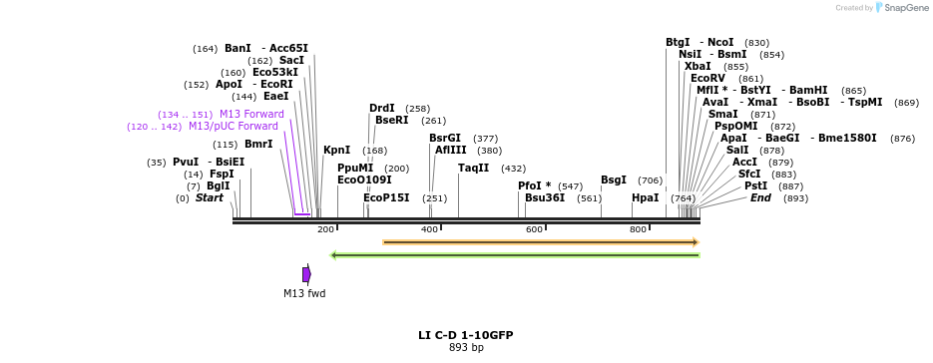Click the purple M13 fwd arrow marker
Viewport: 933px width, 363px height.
306,274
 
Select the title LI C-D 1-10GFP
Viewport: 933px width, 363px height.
465,335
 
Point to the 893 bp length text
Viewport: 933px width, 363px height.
465,348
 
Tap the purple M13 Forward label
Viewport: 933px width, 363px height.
251,115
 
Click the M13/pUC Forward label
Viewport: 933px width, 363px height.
233,127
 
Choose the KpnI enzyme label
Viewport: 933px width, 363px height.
336,151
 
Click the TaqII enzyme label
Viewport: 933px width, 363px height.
473,168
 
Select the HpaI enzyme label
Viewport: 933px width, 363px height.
646,198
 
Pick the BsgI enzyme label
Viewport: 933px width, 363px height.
614,181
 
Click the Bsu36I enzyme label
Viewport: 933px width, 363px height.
545,198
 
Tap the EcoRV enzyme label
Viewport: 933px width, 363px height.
707,78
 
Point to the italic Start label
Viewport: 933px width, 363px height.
210,198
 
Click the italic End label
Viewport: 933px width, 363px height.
760,198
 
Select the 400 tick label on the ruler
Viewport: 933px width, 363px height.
429,230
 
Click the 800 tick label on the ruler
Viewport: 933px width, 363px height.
638,230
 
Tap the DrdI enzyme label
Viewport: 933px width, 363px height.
382,109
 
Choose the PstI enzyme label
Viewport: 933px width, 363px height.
755,186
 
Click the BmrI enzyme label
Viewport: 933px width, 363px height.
258,145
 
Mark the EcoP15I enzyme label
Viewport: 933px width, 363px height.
386,198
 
